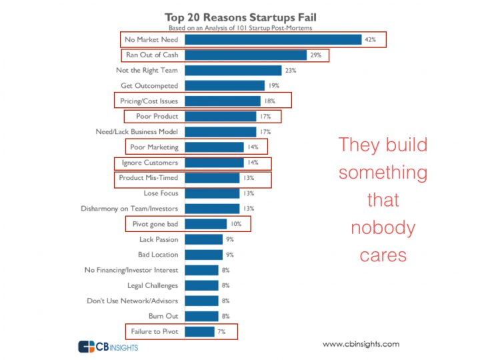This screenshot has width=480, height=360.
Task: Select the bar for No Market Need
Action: coord(273,39)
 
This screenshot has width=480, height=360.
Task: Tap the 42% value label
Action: coord(371,40)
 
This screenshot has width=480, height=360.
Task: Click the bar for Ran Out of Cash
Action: coord(245,55)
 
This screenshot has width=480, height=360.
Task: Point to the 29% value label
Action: coord(315,55)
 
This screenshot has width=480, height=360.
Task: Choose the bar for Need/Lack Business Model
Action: coord(220,131)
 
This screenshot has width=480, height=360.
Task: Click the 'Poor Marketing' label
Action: coord(154,147)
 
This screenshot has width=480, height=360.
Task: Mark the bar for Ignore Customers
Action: coord(214,163)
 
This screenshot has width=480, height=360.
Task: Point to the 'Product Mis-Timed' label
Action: coord(149,178)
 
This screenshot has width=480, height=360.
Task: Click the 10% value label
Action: coord(236,224)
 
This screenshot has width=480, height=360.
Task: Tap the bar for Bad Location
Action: coord(203,255)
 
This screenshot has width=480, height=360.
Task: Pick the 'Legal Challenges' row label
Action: coord(153,285)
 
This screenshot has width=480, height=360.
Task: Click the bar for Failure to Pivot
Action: coord(199,331)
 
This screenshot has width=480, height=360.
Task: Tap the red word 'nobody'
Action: coord(383,228)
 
